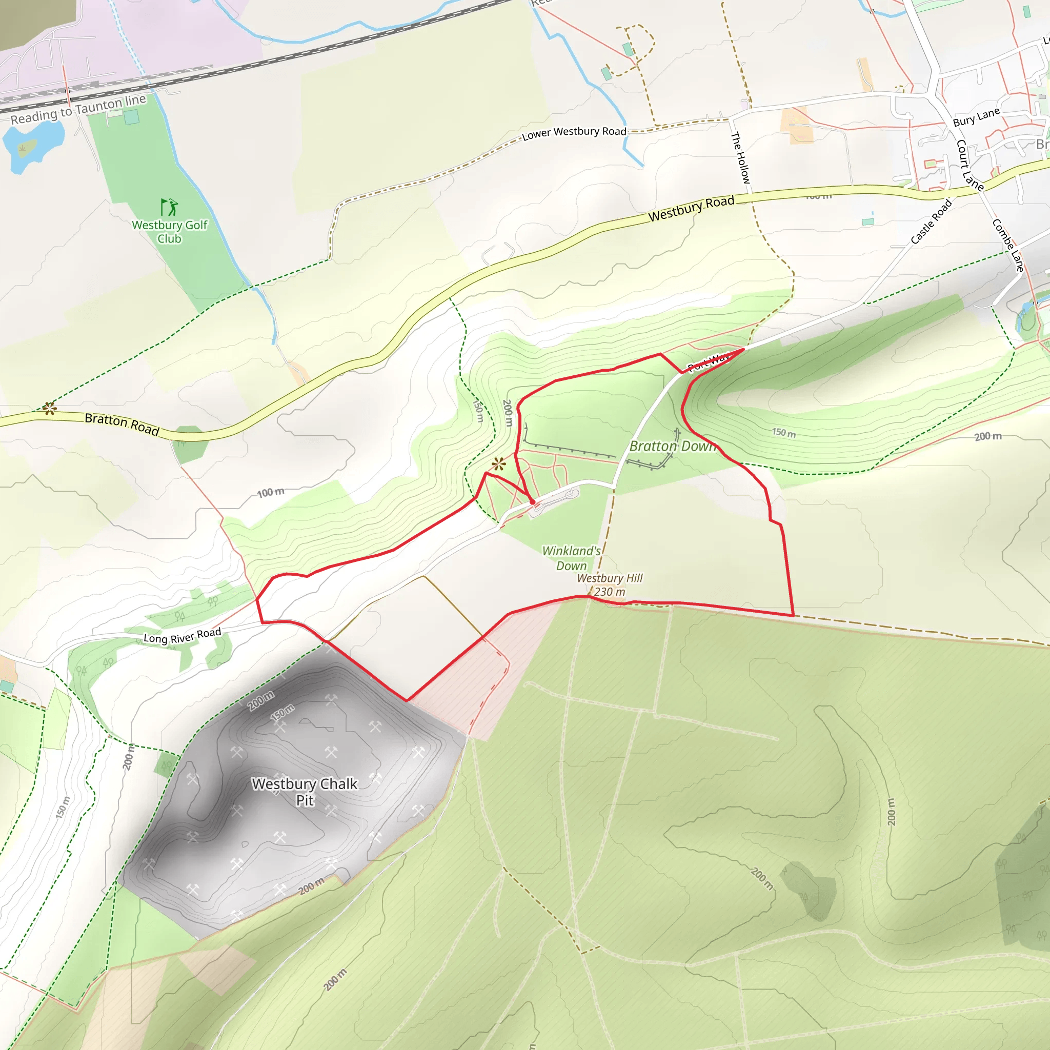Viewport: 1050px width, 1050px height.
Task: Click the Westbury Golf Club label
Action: [170, 232]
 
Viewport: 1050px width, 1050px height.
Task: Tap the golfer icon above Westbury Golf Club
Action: [169, 207]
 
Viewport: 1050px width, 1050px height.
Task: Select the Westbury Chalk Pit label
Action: [305, 791]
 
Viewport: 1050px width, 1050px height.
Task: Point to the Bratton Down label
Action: [672, 446]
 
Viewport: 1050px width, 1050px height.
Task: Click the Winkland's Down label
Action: [572, 558]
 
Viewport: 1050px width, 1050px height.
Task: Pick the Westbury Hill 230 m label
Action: [610, 585]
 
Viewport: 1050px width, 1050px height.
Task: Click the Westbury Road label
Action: [691, 209]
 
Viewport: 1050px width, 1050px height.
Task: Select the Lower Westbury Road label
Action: [574, 133]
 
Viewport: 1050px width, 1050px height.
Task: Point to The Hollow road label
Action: [740, 157]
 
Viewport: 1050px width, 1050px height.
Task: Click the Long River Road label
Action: [182, 635]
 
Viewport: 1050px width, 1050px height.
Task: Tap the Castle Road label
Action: [931, 221]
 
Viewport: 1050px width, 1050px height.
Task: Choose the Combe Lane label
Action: [1008, 245]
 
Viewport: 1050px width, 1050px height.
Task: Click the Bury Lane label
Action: [976, 117]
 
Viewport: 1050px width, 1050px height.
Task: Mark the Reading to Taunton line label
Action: [79, 109]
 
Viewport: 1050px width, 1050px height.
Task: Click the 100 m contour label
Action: [271, 492]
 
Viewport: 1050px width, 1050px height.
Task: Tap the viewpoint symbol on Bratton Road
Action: [49, 408]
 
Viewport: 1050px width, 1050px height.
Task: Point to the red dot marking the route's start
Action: [533, 501]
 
